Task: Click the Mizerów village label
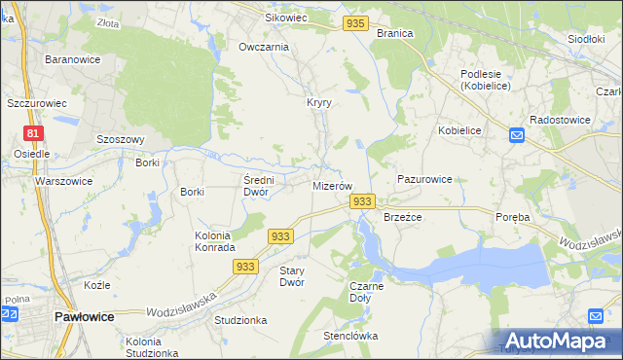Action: pos(331,185)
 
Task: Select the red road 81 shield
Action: pos(34,133)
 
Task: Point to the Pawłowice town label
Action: pos(85,317)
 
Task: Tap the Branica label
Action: pos(394,33)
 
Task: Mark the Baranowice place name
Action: pos(68,59)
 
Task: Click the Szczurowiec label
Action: pos(36,102)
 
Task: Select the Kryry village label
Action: pos(319,102)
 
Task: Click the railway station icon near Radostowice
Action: pos(516,136)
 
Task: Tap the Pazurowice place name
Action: pos(424,180)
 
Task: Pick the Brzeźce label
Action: pos(402,217)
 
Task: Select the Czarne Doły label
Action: pos(366,292)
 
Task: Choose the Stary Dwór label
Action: pos(292,276)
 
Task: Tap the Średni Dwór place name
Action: pos(260,185)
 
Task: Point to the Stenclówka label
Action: pos(350,336)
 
